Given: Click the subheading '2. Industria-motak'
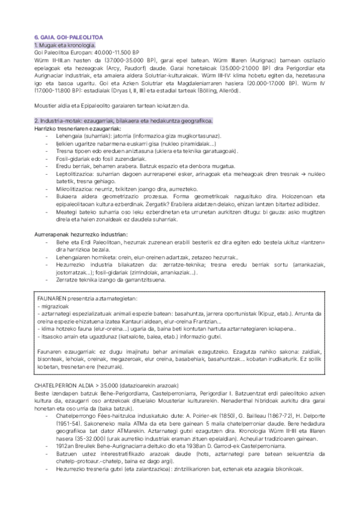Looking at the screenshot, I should click(x=60, y=121).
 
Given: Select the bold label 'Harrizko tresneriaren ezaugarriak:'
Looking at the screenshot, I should click(x=77, y=128).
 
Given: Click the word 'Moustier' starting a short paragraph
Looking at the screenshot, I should click(x=48, y=105).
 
